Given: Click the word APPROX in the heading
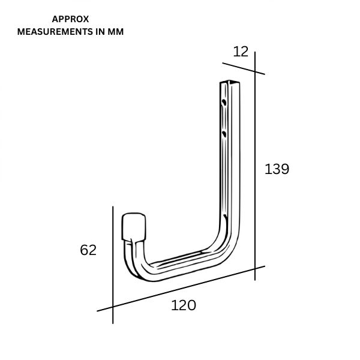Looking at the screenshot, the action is (x=70, y=19).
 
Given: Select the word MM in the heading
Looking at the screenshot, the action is (x=115, y=32).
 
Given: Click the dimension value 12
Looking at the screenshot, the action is (x=241, y=52).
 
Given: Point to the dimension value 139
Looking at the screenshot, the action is (x=277, y=169).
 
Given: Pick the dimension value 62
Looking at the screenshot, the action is (x=88, y=250).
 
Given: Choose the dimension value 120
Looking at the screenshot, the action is (x=184, y=305).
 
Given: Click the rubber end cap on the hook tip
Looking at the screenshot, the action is (x=134, y=227).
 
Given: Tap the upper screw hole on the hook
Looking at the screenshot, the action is (x=224, y=102).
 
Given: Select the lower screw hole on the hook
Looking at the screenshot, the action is (x=224, y=134).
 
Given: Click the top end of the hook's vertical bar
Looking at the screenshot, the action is (x=230, y=82).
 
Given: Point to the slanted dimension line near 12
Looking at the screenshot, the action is (x=244, y=68).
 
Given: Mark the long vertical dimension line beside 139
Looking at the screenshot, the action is (x=255, y=166).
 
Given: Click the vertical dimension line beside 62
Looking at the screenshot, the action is (x=113, y=265).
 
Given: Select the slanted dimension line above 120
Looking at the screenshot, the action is (x=181, y=289).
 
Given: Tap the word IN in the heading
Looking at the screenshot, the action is (x=100, y=32).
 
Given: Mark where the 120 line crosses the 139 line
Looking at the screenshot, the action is (x=255, y=269).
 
